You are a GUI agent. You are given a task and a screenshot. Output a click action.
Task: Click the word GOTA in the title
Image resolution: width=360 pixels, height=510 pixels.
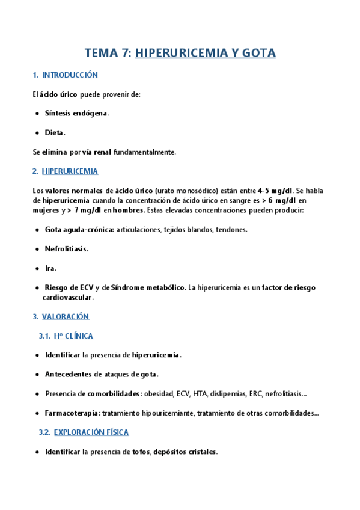[x=259, y=53]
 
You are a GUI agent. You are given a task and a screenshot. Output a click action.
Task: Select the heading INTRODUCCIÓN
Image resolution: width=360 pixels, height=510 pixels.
[x=70, y=75]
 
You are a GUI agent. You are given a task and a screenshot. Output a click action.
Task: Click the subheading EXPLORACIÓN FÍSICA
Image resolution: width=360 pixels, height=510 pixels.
[x=91, y=432]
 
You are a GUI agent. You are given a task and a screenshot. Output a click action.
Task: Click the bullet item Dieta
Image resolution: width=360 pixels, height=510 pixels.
[x=55, y=132]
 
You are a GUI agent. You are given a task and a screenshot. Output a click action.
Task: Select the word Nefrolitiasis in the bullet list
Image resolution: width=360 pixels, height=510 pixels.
[x=66, y=249]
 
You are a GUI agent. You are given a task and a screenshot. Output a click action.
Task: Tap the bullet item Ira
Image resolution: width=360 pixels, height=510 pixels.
[x=50, y=268]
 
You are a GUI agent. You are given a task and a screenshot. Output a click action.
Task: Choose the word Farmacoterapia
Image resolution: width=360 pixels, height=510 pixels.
[x=73, y=413]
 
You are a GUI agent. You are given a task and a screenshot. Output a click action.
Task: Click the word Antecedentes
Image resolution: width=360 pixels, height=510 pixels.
[x=69, y=375]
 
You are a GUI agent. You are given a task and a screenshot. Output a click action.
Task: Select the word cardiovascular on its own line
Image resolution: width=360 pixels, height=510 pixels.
[x=68, y=297]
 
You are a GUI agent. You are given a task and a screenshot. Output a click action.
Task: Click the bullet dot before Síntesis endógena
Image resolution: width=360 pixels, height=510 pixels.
[x=37, y=113]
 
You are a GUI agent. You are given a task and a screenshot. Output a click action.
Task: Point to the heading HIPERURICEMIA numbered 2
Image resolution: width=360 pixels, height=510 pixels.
[x=70, y=171]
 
